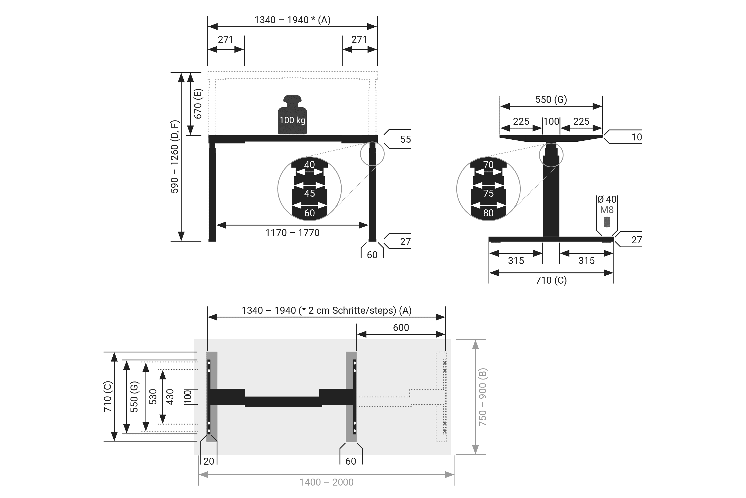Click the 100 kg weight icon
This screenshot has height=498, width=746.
coord(292,114)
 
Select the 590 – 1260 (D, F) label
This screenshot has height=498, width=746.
coord(175,156)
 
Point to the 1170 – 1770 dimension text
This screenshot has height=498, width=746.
coord(292,233)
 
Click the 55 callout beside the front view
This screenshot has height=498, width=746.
coord(405,139)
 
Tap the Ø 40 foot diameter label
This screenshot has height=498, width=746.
coord(607,199)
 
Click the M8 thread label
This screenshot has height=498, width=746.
coord(607,210)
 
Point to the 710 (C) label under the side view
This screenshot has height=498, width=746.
coord(551,280)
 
